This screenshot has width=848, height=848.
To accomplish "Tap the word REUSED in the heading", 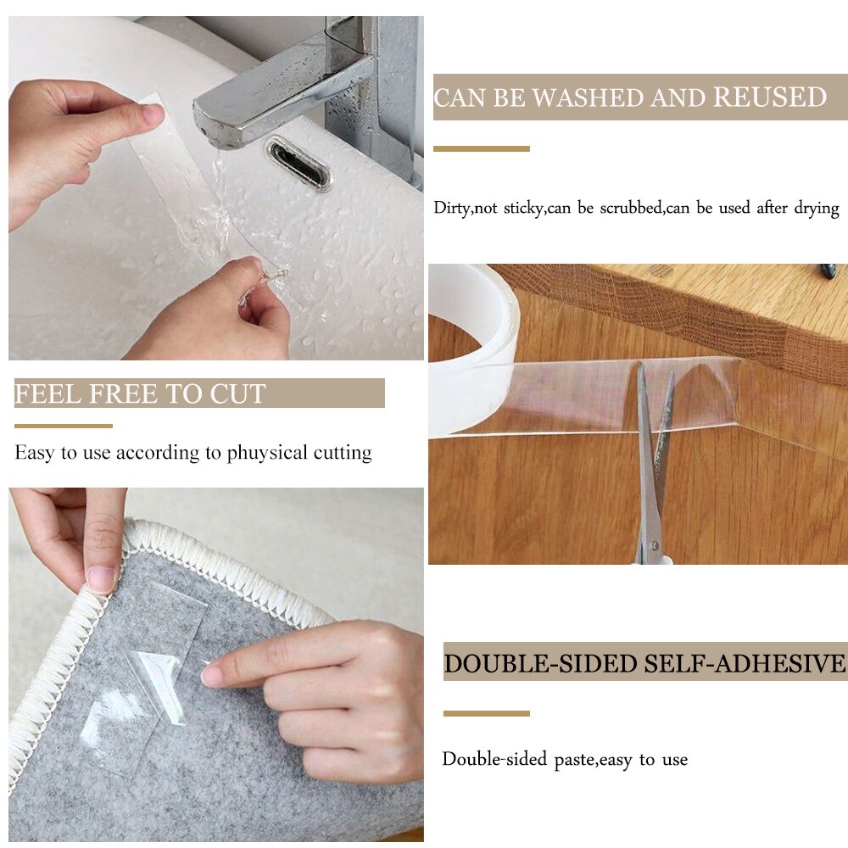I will tap(769, 98).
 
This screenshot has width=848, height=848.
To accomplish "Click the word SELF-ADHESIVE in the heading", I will tap(744, 663).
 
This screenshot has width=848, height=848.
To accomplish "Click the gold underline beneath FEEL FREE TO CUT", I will tap(63, 426).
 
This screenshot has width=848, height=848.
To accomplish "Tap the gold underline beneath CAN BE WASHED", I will tap(481, 149).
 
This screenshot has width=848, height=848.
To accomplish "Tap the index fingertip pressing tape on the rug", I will tap(212, 675).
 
